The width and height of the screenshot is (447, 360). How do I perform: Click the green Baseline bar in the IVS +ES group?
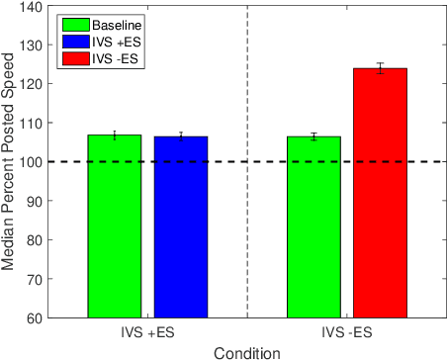tap(115, 226)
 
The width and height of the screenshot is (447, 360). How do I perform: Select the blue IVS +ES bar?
tap(181, 227)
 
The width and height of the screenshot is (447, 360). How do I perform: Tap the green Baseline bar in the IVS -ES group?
tap(313, 227)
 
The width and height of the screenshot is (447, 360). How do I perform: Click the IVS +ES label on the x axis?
tap(148, 332)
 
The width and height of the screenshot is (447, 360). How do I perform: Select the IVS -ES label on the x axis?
tap(346, 332)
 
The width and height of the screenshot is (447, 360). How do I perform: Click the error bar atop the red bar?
tap(380, 68)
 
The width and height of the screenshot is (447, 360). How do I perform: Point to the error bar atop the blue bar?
tap(181, 135)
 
